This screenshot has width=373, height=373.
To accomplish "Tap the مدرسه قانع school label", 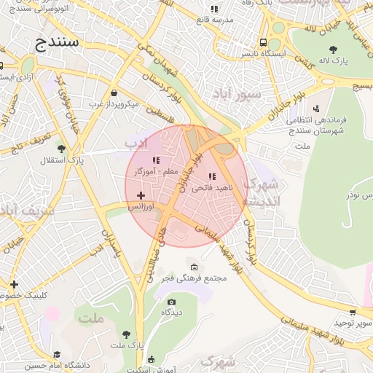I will pyautogui.click(x=213, y=20).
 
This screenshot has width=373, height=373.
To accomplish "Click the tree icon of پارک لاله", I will pyautogui.click(x=333, y=50).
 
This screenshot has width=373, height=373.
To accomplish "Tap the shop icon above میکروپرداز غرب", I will pyautogui.click(x=114, y=93).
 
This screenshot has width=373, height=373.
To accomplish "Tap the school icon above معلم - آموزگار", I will pyautogui.click(x=155, y=160).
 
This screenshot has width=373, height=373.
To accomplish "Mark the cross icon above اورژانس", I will pyautogui.click(x=141, y=195).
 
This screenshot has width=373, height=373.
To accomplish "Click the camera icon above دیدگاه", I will pyautogui.click(x=172, y=302).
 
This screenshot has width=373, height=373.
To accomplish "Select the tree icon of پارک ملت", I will pyautogui.click(x=127, y=334).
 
